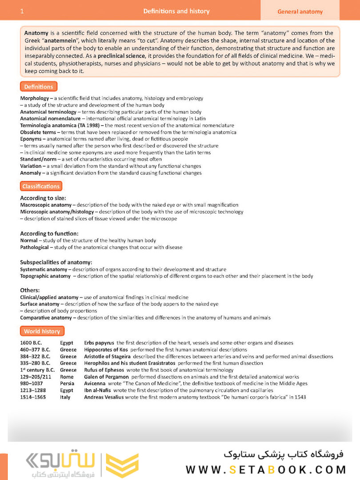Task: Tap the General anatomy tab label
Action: pos(300,12)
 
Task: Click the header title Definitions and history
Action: pos(176,11)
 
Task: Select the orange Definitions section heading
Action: pos(39,87)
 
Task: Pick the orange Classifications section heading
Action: pos(41,186)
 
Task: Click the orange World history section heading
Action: pos(42,331)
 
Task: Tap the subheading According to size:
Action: pos(43,198)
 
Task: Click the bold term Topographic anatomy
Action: pos(45,276)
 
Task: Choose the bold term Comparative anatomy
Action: pos(46,318)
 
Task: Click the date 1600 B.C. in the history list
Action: pos(32,343)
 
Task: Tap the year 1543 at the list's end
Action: pos(299,397)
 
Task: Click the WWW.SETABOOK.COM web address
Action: pos(266,470)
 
